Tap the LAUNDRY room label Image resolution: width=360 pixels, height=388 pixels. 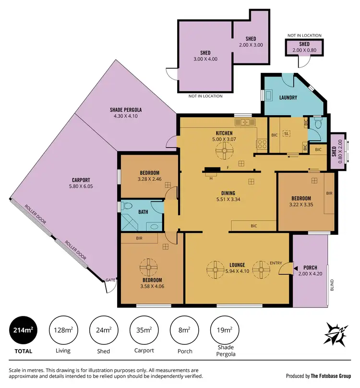click(288, 97)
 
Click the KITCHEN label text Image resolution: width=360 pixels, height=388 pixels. click(224, 133)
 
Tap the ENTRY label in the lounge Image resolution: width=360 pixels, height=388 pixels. click(276, 263)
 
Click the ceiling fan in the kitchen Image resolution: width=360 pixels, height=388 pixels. click(223, 153)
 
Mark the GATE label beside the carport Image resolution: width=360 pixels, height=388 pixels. click(110, 279)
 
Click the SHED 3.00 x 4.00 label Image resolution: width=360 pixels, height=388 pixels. click(205, 56)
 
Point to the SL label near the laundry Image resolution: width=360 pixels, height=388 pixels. click(287, 133)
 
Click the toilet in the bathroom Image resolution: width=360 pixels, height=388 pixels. click(127, 206)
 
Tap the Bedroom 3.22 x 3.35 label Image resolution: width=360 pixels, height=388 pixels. click(301, 201)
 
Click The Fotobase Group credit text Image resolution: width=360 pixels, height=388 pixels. click(331, 376)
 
